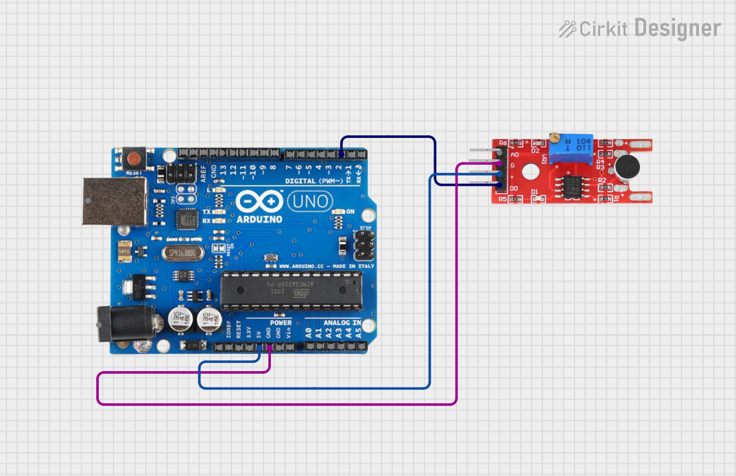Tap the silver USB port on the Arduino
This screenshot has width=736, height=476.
click(115, 201)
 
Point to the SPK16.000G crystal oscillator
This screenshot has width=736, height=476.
click(183, 253)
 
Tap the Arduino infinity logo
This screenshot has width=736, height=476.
click(260, 202)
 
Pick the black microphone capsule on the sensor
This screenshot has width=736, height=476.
click(626, 165)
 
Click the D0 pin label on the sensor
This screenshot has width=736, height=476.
click(513, 188)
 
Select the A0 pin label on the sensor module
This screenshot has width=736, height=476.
click(514, 155)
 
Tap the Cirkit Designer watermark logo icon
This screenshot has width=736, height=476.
click(567, 29)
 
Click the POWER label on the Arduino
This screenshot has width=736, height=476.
click(281, 322)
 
